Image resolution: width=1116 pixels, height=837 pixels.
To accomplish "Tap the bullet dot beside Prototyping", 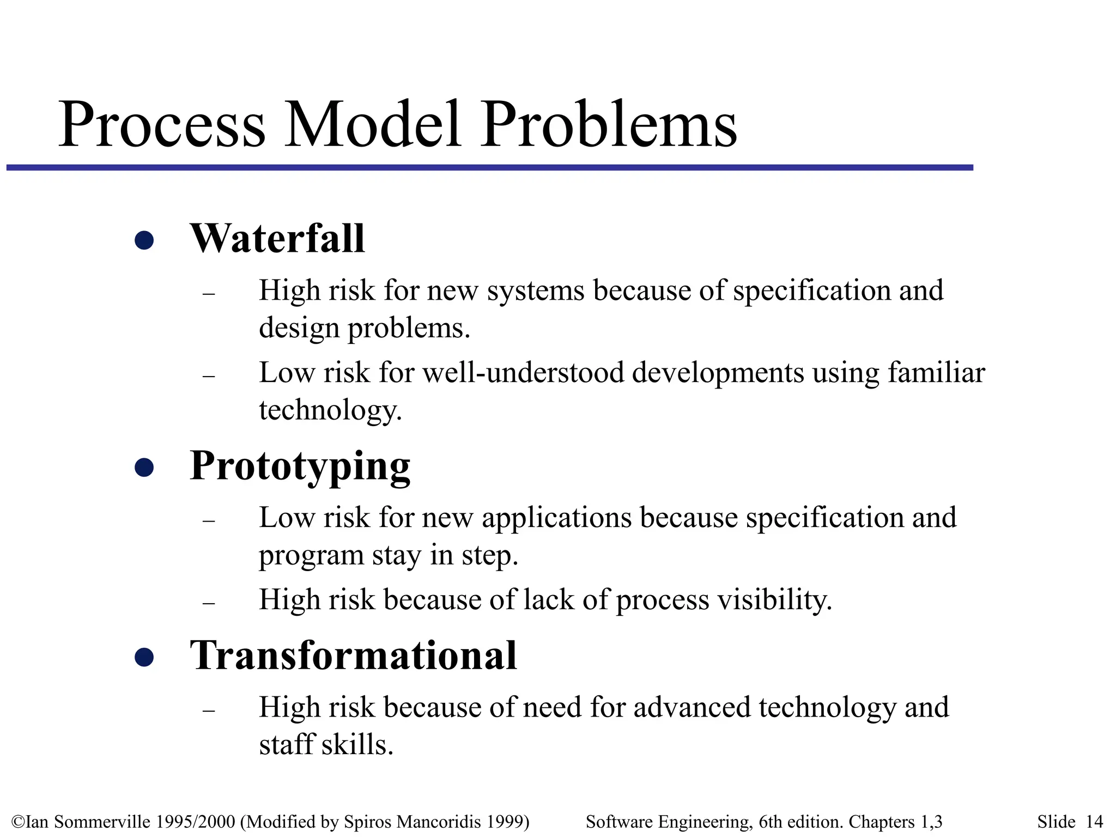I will click(144, 467).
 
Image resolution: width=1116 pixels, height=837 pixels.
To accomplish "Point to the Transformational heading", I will click(353, 656).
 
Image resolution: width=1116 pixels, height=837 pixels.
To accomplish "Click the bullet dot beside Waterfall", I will click(144, 240).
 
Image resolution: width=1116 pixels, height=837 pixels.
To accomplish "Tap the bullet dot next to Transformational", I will click(144, 657).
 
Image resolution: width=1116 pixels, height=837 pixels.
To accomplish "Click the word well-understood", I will click(523, 373).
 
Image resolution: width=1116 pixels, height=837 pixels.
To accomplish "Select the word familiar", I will click(936, 373).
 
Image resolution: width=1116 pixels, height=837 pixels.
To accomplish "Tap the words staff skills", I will click(326, 744).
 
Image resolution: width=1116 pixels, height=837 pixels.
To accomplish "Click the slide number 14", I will click(1094, 822).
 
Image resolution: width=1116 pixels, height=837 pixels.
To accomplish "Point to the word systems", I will click(535, 290).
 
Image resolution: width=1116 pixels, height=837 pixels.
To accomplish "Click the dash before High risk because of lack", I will click(209, 603).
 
